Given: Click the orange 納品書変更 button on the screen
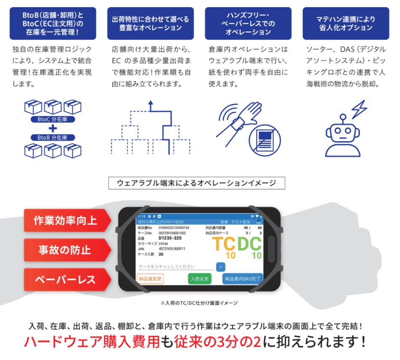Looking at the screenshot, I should [x=150, y=278].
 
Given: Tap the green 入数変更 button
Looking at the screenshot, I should [x=200, y=278].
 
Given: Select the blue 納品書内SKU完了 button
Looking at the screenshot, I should [x=243, y=278].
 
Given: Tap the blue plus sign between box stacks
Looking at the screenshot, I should [x=53, y=128].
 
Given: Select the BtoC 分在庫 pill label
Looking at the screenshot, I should [x=53, y=119].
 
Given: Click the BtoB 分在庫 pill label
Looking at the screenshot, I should [x=53, y=137].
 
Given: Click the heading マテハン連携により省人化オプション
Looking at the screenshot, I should [x=346, y=24].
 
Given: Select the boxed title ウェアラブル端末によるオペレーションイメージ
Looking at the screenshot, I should [x=197, y=183].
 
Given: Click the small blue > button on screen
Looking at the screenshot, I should [x=221, y=267].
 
